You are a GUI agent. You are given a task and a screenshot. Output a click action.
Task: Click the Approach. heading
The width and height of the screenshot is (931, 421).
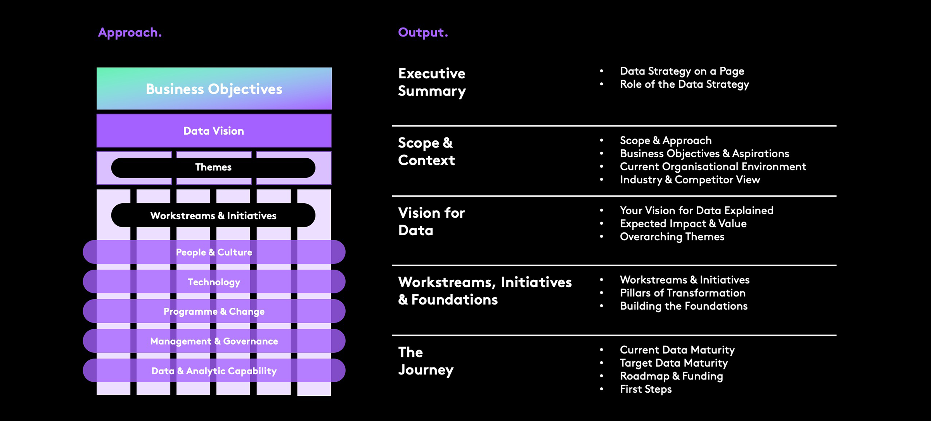pos(130,33)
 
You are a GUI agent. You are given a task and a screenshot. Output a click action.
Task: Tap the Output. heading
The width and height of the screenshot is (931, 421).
pos(423,33)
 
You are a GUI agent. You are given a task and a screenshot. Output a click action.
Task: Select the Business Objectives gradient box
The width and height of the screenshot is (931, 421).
pos(214,89)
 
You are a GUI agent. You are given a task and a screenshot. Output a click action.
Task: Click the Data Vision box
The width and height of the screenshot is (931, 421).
pos(214,131)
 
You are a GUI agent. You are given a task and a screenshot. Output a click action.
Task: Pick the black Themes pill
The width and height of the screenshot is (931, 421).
pos(213,167)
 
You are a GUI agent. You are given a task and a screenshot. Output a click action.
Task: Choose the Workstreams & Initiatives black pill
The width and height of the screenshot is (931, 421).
pos(213,216)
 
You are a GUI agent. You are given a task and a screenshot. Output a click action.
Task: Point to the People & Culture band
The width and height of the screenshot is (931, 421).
pos(214,252)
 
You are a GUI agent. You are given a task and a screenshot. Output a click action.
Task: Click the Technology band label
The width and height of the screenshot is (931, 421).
pos(214,282)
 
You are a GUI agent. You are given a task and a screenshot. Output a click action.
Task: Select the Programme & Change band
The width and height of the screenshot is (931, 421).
pos(214,312)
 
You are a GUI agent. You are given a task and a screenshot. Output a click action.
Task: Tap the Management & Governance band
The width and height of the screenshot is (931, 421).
pos(214,341)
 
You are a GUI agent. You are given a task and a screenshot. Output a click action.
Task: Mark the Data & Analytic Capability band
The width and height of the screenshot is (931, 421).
pos(214,371)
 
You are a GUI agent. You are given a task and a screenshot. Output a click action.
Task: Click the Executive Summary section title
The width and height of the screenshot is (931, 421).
pos(432,82)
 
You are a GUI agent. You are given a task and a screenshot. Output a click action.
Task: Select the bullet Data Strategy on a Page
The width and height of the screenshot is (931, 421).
pos(682,71)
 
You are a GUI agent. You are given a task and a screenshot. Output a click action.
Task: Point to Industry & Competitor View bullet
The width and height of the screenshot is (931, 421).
pos(690,180)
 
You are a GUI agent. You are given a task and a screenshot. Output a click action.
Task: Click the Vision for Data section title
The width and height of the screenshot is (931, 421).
pos(431,221)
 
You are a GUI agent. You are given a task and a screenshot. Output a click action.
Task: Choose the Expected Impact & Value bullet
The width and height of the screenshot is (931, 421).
pos(683,223)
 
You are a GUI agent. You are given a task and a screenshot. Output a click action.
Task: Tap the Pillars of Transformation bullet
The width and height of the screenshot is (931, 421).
pos(683,293)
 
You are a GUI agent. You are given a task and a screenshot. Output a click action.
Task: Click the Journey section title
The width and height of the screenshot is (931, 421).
pos(426,361)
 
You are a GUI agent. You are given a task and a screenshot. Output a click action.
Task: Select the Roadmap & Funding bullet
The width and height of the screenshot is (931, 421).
pos(671,376)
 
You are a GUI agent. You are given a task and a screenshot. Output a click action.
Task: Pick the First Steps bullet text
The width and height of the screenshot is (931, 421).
pos(646,389)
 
